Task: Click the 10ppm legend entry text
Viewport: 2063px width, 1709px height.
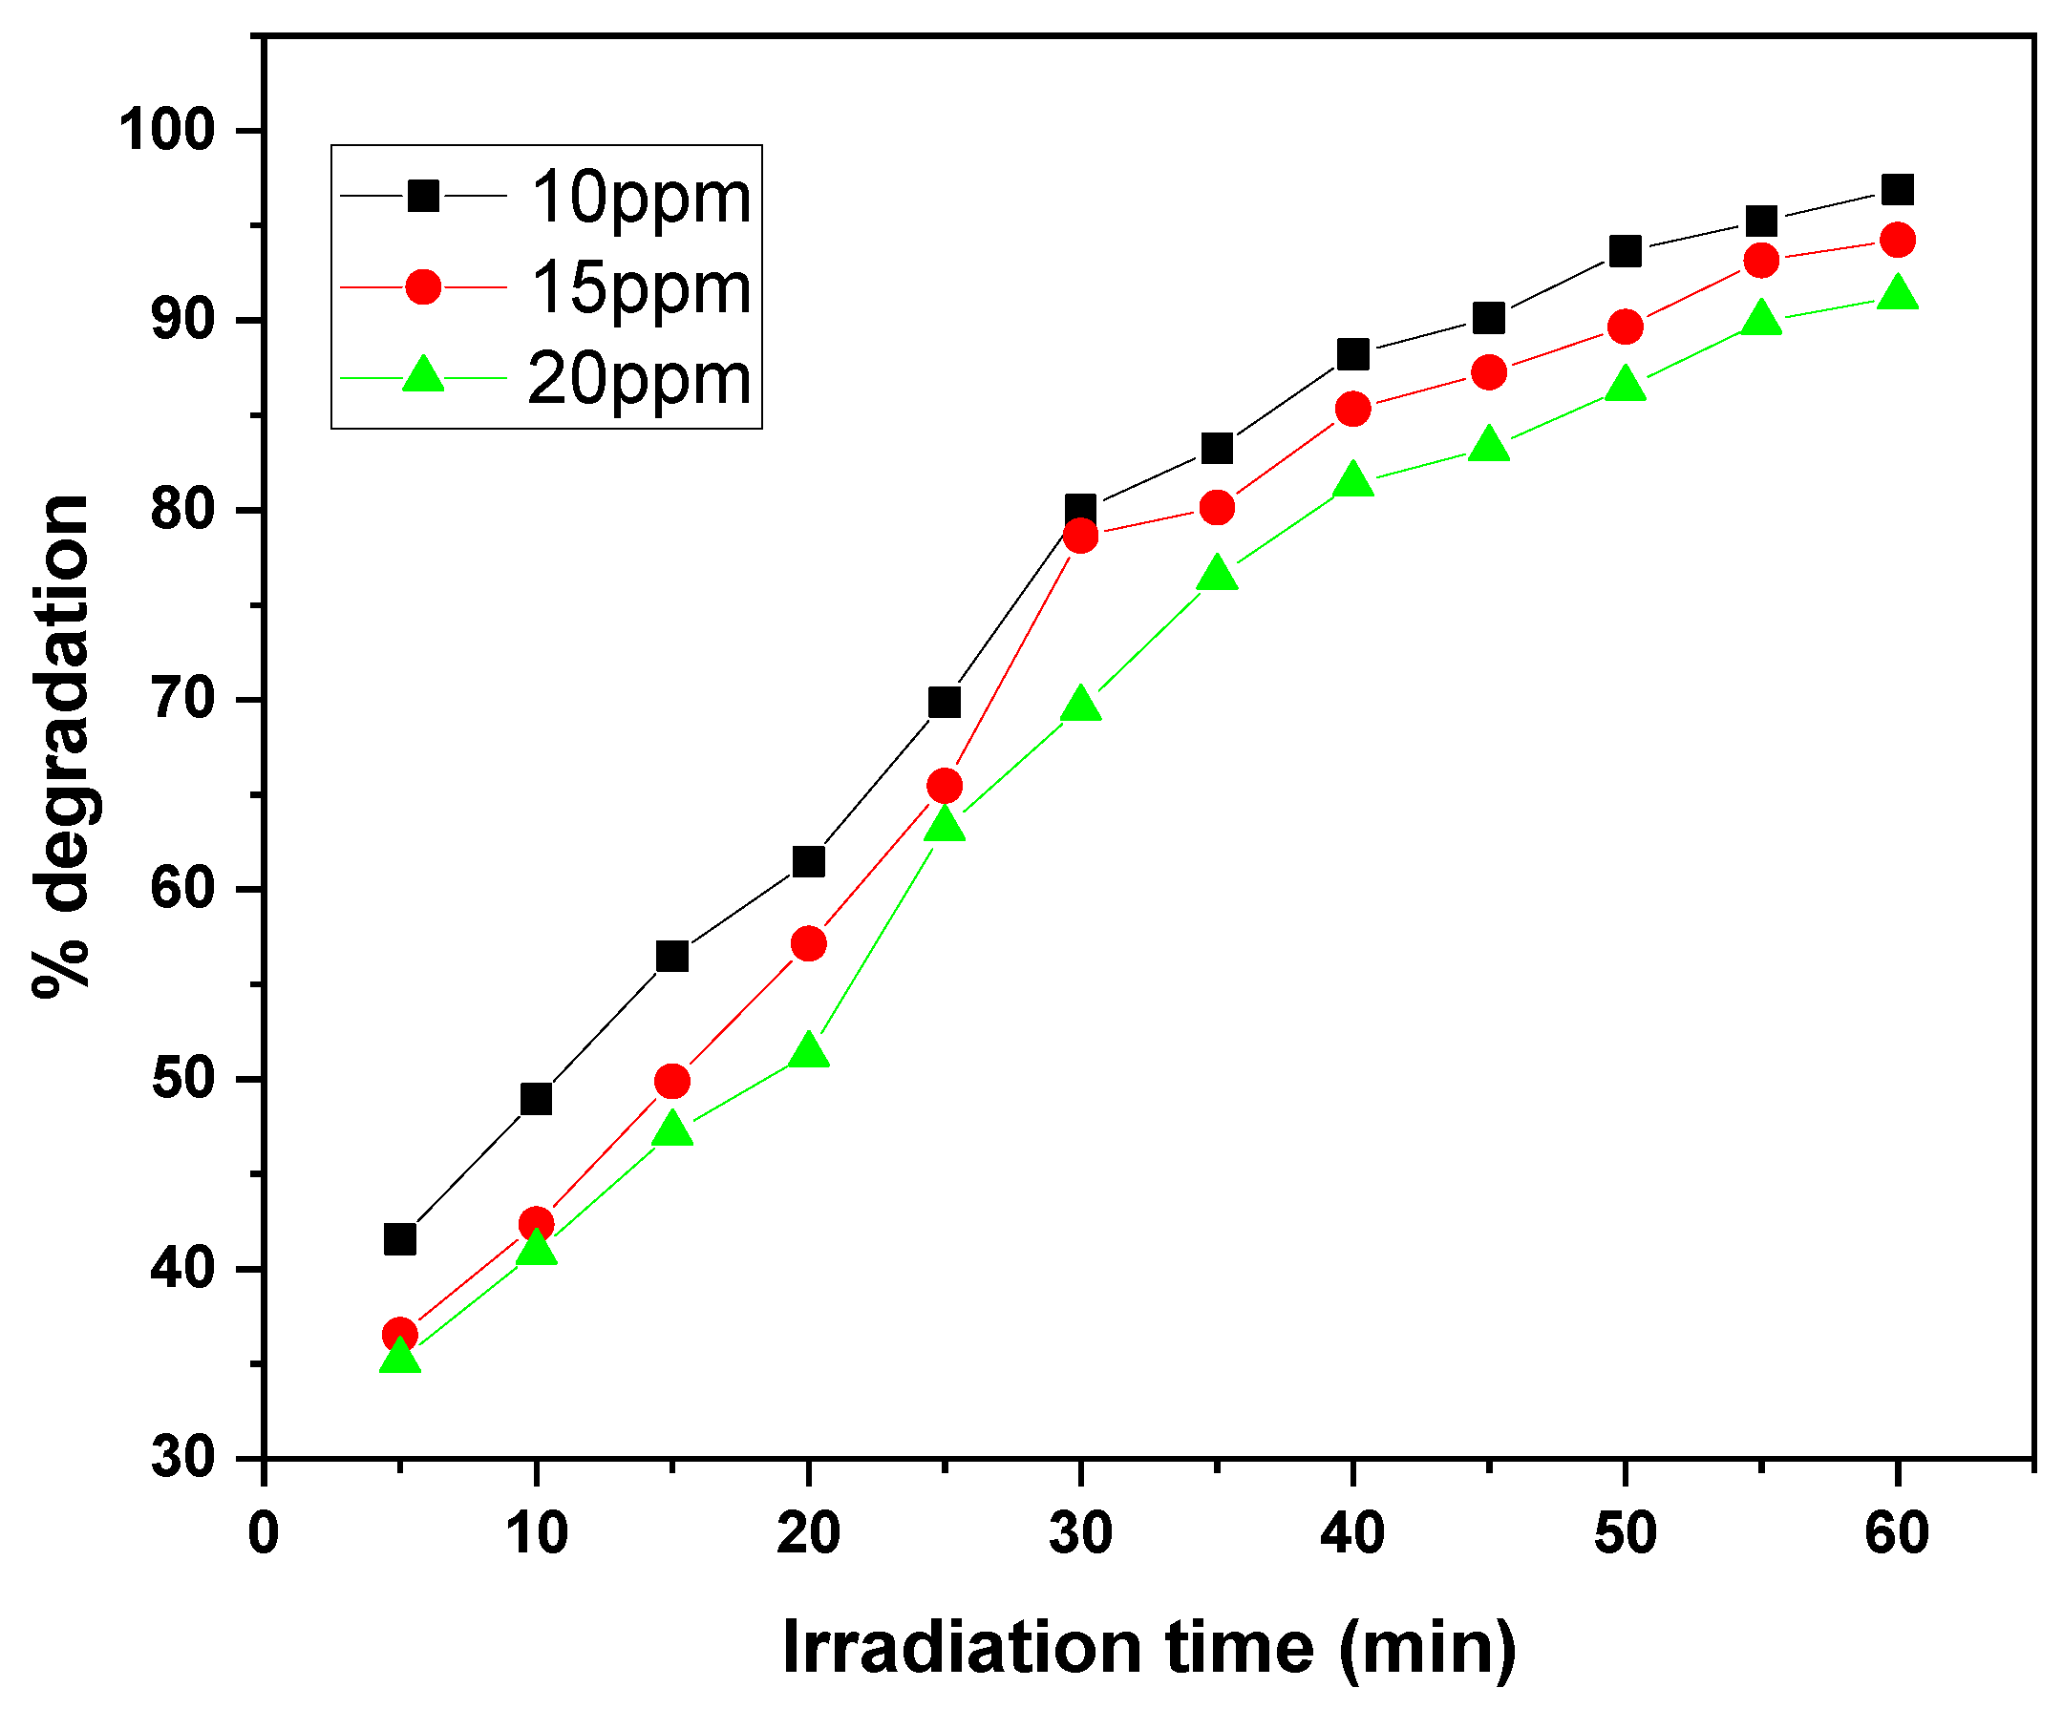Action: click(x=641, y=199)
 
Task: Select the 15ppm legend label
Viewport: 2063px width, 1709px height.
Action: click(x=641, y=288)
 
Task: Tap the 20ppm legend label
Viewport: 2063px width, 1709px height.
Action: click(x=639, y=379)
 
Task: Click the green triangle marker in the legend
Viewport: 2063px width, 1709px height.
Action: click(x=423, y=375)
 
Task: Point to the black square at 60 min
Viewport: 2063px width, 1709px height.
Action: click(x=1897, y=190)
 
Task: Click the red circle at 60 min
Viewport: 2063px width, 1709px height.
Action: click(x=1897, y=240)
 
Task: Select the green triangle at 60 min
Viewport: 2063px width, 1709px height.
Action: click(x=1897, y=294)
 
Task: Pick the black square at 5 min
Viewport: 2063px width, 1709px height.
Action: click(x=400, y=1239)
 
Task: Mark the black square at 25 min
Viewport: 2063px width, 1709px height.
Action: click(x=944, y=703)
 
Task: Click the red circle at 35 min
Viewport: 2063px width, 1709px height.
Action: click(x=1217, y=508)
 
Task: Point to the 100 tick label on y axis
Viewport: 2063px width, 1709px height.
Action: click(x=167, y=130)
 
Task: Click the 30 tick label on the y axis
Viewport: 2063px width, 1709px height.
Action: click(x=183, y=1458)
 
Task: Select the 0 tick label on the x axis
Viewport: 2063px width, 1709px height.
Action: click(x=264, y=1533)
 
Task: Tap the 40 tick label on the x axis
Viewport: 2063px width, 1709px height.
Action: click(x=1352, y=1533)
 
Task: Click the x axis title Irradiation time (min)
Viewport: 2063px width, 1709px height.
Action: click(x=1149, y=1647)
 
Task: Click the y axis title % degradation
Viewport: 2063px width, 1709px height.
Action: click(x=61, y=747)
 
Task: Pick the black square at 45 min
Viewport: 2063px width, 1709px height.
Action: click(x=1489, y=318)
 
